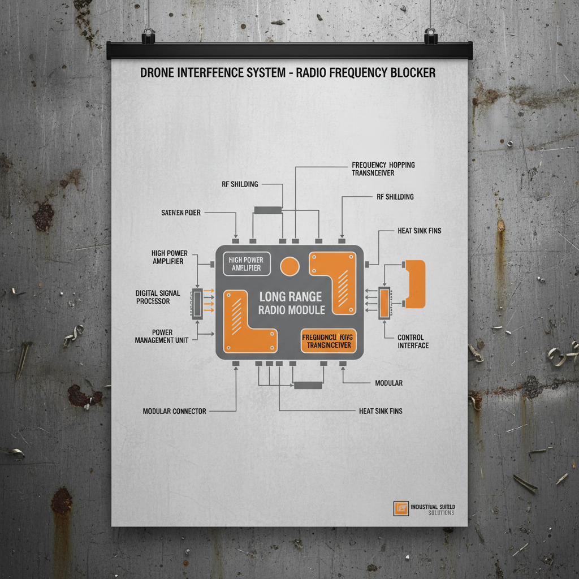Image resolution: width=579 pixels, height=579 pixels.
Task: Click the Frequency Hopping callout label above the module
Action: point(383,168)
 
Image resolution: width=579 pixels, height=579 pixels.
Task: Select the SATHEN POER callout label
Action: point(181,213)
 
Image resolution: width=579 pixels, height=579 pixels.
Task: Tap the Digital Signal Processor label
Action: point(158,297)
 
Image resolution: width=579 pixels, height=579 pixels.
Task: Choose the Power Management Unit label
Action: point(162,336)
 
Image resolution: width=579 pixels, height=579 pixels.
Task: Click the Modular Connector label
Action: point(174,411)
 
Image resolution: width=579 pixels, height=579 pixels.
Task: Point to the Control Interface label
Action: point(413,342)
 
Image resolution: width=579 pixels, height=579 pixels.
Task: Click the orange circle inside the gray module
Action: point(290,267)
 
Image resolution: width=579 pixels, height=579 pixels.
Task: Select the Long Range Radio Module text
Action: point(291,303)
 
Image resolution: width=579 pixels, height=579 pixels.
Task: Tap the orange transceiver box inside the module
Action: point(329,341)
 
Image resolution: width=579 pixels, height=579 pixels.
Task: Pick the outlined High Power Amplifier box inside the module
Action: point(247,264)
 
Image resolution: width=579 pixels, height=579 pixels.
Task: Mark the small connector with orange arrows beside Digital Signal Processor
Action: point(197,304)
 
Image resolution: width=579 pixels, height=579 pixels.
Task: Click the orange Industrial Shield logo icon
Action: point(401,508)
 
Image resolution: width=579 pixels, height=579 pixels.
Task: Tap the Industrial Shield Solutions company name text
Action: point(433,509)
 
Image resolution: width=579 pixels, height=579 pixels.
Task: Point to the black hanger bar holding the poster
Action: point(289,51)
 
